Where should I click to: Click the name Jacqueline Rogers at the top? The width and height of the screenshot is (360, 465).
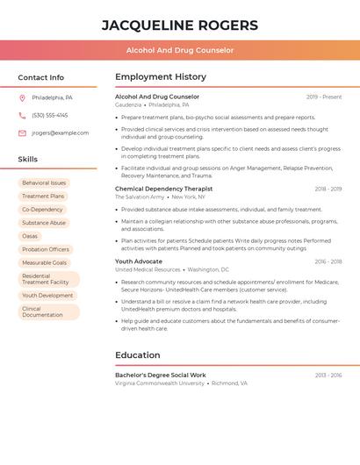180,25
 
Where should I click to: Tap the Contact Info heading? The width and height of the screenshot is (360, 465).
40,77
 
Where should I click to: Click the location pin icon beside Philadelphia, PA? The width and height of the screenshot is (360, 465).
22,97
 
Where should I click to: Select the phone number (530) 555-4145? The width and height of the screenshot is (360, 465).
49,115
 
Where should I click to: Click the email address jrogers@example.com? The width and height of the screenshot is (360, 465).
60,133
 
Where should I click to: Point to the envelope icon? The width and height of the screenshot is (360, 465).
22,133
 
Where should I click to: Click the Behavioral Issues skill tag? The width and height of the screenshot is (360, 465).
44,183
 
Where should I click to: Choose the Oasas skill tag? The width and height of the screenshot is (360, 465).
30,236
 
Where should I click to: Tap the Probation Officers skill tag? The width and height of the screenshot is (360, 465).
46,249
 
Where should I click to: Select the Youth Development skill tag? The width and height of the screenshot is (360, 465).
47,296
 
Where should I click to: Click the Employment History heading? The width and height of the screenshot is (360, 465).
161,77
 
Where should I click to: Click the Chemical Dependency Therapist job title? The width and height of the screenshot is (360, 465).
163,189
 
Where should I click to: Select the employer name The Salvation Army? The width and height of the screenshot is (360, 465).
140,197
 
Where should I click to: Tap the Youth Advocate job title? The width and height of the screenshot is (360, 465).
139,261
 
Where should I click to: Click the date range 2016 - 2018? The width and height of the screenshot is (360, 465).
328,261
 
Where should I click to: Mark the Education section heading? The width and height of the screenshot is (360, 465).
138,355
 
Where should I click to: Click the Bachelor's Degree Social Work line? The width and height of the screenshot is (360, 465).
161,375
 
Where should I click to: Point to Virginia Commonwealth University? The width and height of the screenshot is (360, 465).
160,383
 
